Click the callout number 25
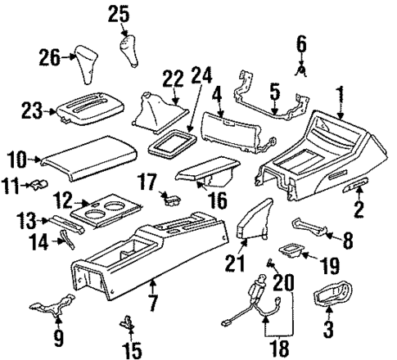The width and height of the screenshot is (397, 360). click(x=120, y=13)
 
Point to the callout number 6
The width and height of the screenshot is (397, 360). click(x=300, y=43)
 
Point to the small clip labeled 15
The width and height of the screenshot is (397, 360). click(x=127, y=322)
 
